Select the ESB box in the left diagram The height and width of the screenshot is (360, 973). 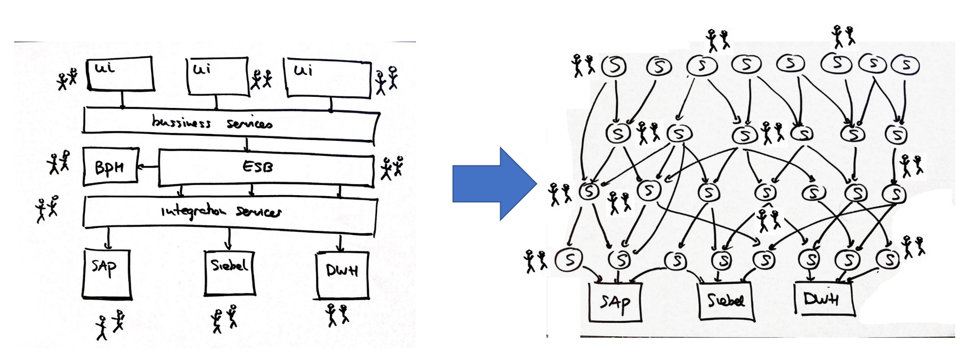pyautogui.click(x=266, y=167)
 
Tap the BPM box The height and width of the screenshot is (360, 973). pyautogui.click(x=110, y=166)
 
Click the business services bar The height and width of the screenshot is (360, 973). pyautogui.click(x=231, y=123)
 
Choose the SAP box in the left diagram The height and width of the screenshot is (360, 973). pyautogui.click(x=107, y=273)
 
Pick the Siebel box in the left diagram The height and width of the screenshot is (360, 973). pyautogui.click(x=229, y=272)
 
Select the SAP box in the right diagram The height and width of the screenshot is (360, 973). pyautogui.click(x=615, y=302)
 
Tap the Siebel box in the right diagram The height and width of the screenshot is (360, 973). pyautogui.click(x=726, y=301)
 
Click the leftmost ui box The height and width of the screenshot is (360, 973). pyautogui.click(x=120, y=74)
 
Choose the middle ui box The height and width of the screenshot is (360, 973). pyautogui.click(x=218, y=76)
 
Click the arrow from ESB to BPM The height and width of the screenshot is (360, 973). pyautogui.click(x=148, y=166)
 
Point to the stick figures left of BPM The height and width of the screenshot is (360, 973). pyautogui.click(x=59, y=162)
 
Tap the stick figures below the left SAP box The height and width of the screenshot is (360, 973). pyautogui.click(x=110, y=325)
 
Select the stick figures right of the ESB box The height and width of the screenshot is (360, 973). pyautogui.click(x=392, y=168)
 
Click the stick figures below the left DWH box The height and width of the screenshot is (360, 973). pyautogui.click(x=337, y=314)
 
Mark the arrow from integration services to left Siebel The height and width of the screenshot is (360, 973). pyautogui.click(x=229, y=239)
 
